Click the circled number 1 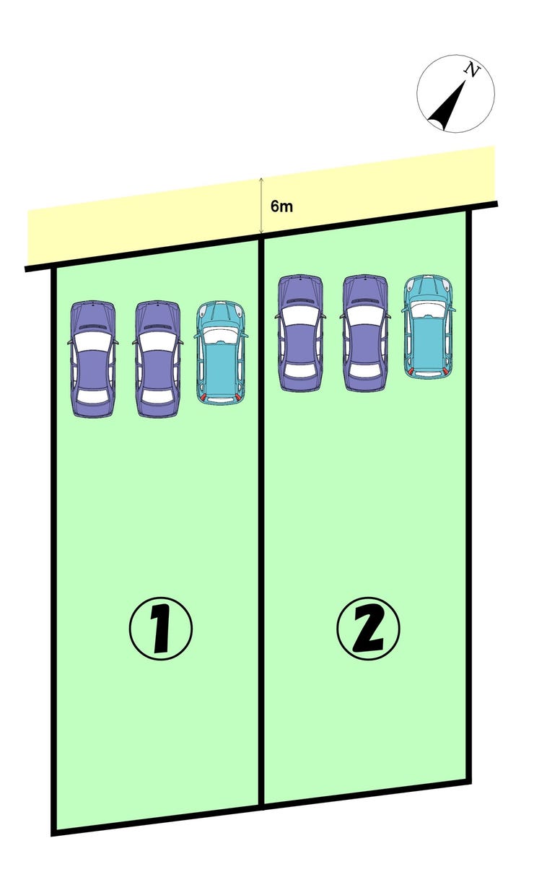pyautogui.click(x=160, y=629)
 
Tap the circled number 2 pyautogui.click(x=368, y=629)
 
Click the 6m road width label pyautogui.click(x=281, y=206)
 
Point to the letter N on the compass pyautogui.click(x=472, y=70)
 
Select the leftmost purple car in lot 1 pyautogui.click(x=93, y=359)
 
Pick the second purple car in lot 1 pyautogui.click(x=158, y=359)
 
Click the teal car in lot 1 pyautogui.click(x=221, y=353)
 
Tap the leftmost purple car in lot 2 pyautogui.click(x=300, y=333)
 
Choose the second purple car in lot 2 pyautogui.click(x=365, y=333)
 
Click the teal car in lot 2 pyautogui.click(x=429, y=327)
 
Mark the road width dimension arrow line pyautogui.click(x=261, y=206)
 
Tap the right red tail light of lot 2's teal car pyautogui.click(x=445, y=371)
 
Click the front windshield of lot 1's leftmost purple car pyautogui.click(x=93, y=342)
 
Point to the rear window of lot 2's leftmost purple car pyautogui.click(x=300, y=370)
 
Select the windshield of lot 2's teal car pyautogui.click(x=429, y=308)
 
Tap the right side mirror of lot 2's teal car pyautogui.click(x=452, y=310)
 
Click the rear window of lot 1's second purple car pyautogui.click(x=158, y=396)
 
